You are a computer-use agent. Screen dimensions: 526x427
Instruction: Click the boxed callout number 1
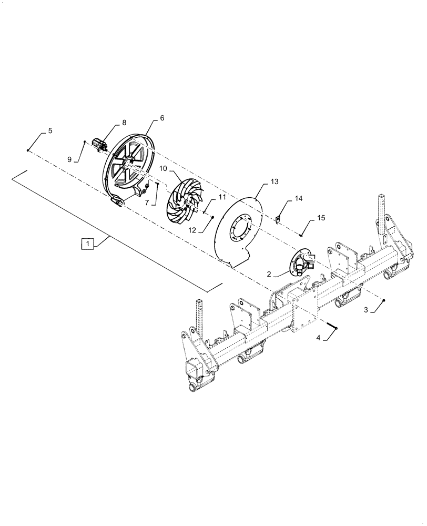click(88, 244)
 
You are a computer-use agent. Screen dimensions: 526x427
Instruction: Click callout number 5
click(50, 130)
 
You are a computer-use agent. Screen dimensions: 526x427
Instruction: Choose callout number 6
click(161, 118)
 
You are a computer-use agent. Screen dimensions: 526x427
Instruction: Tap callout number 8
click(124, 123)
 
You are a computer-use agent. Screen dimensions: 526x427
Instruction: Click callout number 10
click(163, 168)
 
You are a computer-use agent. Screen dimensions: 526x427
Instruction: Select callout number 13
click(274, 182)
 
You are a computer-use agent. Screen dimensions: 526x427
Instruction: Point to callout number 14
click(299, 199)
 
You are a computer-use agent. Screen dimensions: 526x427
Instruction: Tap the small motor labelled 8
click(98, 143)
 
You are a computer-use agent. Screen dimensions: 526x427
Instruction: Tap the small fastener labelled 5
click(27, 150)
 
